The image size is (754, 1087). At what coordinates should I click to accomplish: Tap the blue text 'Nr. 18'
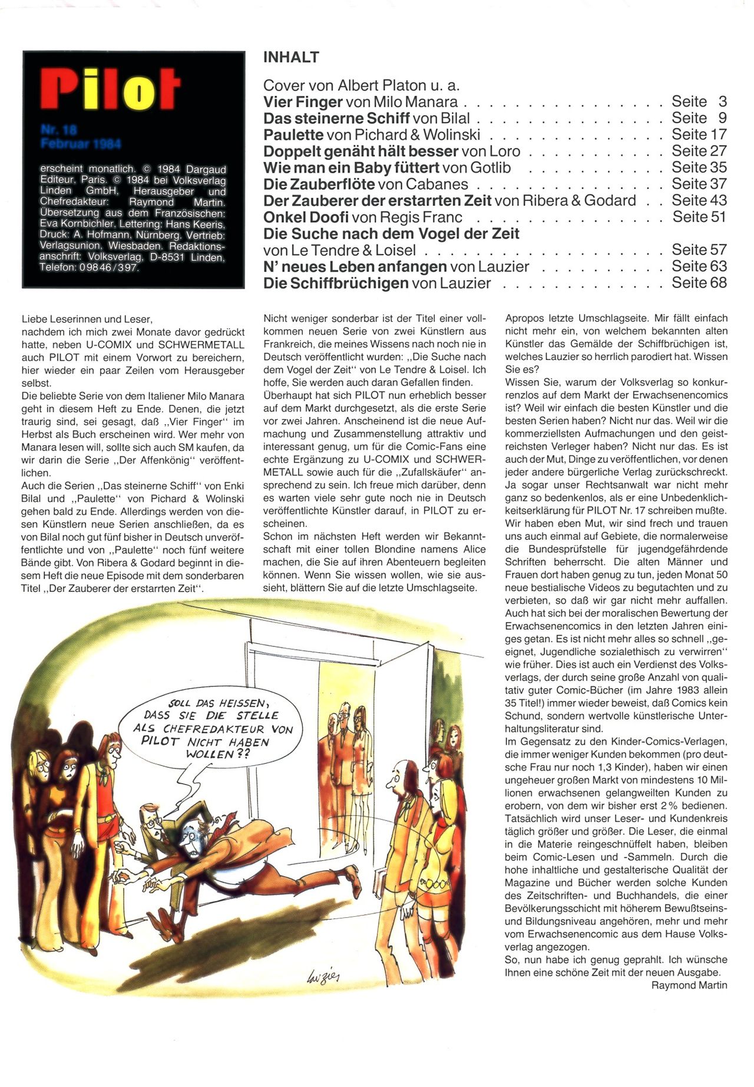(x=59, y=130)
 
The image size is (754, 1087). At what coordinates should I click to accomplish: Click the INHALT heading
(x=291, y=57)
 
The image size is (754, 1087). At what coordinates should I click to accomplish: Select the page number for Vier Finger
(x=699, y=101)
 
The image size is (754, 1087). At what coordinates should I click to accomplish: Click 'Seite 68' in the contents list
(x=699, y=283)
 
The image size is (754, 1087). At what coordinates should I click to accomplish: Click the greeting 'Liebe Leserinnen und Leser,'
(x=87, y=319)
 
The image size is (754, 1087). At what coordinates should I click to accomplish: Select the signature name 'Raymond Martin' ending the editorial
(x=689, y=985)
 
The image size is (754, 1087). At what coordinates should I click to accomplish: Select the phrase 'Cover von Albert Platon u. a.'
(x=361, y=85)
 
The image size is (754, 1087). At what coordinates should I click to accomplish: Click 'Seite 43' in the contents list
(x=699, y=200)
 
